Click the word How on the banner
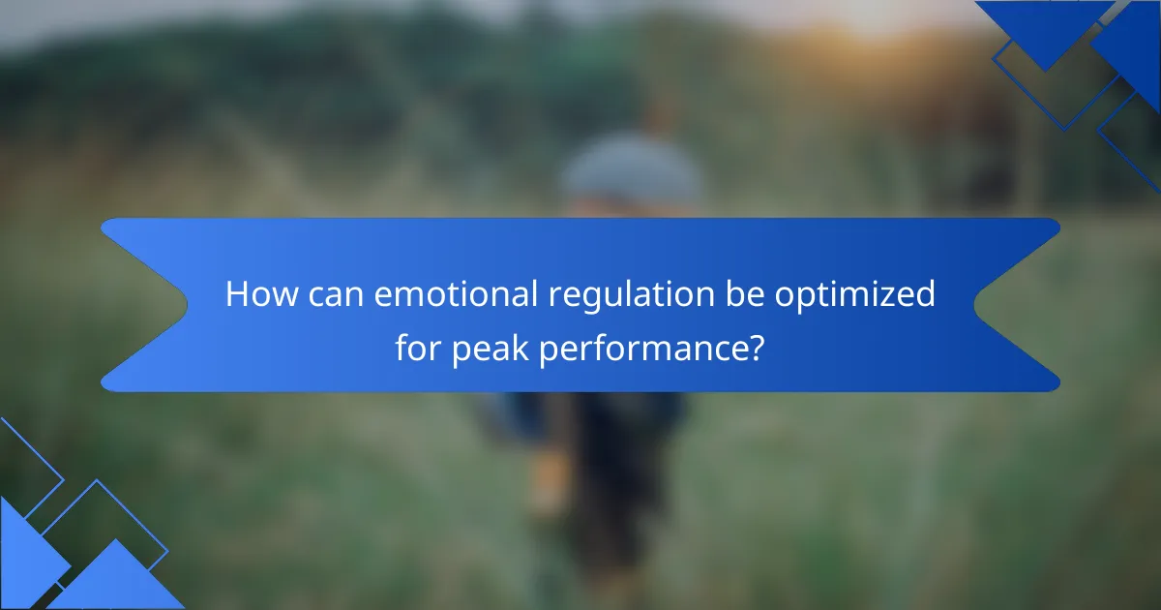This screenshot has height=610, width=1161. [x=262, y=293]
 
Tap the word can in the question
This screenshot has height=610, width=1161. [x=336, y=295]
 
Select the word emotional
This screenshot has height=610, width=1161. [x=456, y=293]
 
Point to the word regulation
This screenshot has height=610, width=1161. [x=631, y=295]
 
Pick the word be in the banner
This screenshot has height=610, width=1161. [x=744, y=293]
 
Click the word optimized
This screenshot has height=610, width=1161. [x=855, y=295]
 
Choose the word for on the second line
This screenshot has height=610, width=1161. [x=417, y=347]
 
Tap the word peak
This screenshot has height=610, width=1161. [x=490, y=350]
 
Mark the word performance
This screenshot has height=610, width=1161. [x=639, y=350]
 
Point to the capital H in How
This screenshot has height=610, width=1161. [x=236, y=294]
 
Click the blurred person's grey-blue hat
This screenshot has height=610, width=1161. [x=631, y=166]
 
